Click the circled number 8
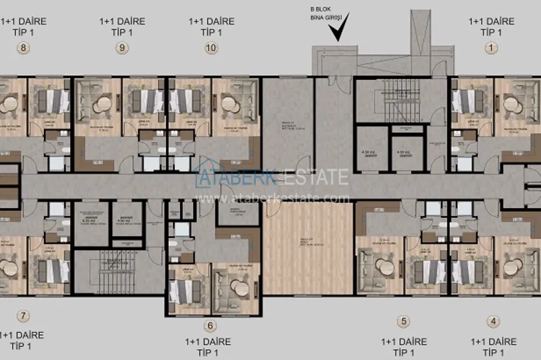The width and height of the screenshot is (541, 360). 24,47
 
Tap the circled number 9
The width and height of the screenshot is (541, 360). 121,47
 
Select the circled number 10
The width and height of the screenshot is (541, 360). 211,47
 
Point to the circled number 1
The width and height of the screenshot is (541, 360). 490,47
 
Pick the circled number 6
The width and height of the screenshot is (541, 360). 211,326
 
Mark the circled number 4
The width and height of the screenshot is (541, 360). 493,321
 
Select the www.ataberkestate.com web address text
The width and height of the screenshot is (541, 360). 274,198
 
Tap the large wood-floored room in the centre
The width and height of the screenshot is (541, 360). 307,249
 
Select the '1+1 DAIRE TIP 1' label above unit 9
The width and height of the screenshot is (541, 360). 122,26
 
